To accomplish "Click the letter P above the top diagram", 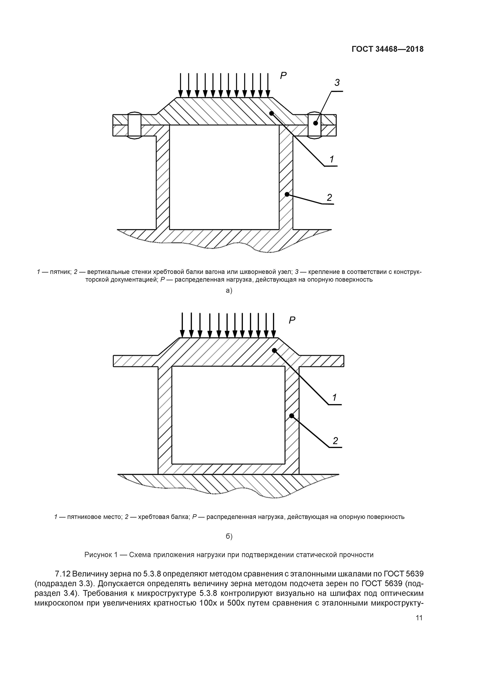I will tap(283, 76).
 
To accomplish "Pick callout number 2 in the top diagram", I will tap(329, 198).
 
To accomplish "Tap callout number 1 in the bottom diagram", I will tap(335, 397).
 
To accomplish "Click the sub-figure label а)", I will tap(229, 291).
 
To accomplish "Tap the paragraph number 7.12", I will tap(62, 574).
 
